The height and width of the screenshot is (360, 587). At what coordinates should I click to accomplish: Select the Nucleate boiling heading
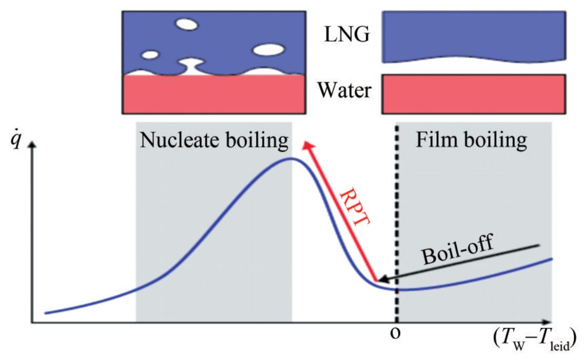[214, 140]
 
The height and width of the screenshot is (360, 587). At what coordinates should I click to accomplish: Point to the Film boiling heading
[471, 140]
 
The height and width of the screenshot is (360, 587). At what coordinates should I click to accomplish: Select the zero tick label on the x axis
[394, 333]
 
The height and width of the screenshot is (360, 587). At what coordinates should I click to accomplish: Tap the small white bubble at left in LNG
[150, 54]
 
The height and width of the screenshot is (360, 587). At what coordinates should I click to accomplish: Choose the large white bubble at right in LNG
[269, 50]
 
